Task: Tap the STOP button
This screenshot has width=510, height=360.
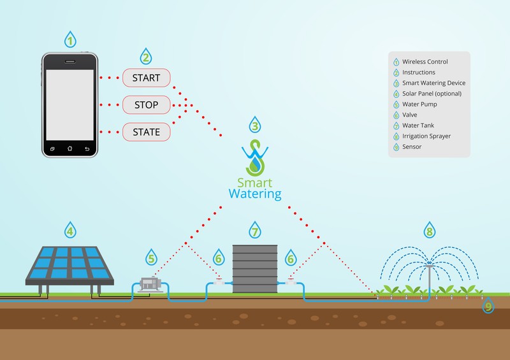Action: [x=147, y=105]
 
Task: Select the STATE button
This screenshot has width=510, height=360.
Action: [x=147, y=132]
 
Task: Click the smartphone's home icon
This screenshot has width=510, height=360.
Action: [x=69, y=148]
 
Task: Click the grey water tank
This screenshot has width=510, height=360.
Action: [x=254, y=270]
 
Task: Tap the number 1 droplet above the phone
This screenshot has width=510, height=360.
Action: [x=69, y=40]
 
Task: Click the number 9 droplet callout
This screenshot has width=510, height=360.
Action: [x=489, y=306]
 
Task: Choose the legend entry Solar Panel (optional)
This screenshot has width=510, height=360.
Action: [x=432, y=94]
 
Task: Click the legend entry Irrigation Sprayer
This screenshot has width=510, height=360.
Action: [x=428, y=136]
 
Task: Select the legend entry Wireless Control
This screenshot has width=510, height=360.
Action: [x=425, y=62]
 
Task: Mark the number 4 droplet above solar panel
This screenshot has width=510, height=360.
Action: [x=69, y=230]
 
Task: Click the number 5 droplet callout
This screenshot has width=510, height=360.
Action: [x=151, y=259]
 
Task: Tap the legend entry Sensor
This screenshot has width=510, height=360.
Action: [x=412, y=147]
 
